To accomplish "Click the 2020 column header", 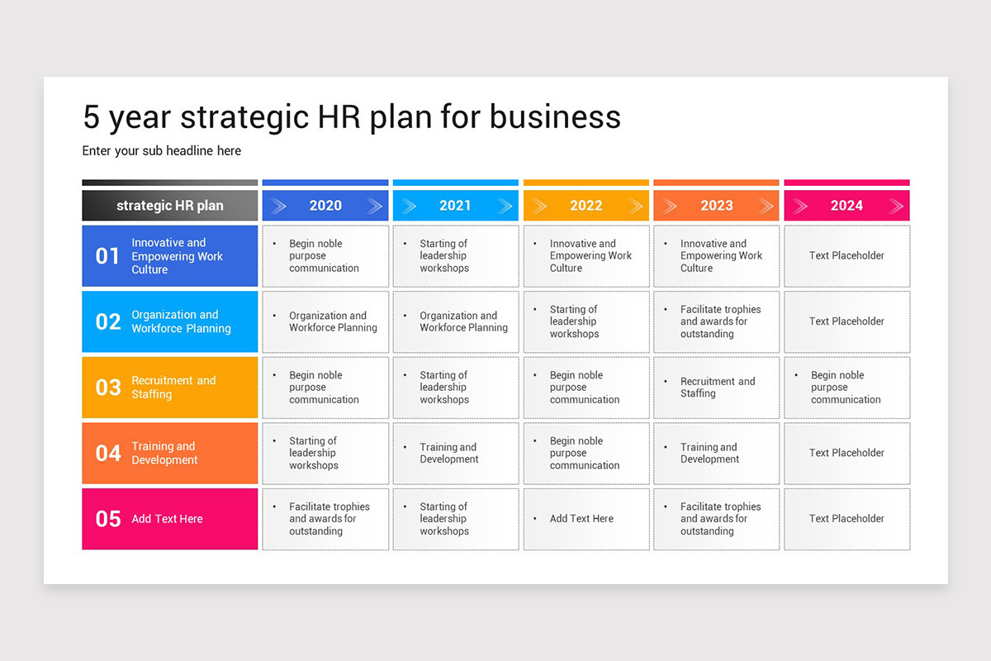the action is [325, 206].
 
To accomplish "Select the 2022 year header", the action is [586, 206].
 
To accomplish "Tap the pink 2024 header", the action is [846, 206].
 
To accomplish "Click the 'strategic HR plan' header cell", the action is [170, 206].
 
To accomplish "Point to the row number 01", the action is [107, 256].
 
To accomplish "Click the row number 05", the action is [108, 519].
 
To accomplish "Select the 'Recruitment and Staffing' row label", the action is [173, 388].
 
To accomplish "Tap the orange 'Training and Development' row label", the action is [164, 453].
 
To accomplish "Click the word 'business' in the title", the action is [555, 117].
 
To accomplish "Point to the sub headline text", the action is [162, 151].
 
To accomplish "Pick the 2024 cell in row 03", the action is [846, 388].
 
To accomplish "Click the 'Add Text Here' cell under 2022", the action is [586, 519].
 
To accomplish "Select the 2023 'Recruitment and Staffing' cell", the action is [716, 388].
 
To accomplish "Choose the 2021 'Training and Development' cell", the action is [456, 453].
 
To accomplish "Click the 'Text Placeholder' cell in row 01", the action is [846, 256].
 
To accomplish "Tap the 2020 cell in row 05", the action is [325, 519].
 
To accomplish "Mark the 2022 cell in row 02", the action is [586, 322].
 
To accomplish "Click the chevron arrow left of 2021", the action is [409, 206].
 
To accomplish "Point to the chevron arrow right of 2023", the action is [766, 206].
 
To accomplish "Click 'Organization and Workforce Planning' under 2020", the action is [333, 321].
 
